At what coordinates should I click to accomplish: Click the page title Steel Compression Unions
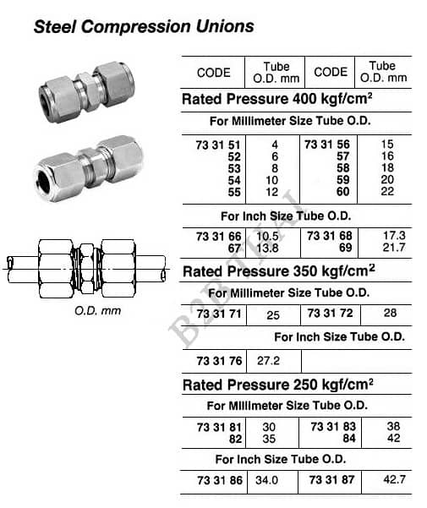pyautogui.click(x=144, y=26)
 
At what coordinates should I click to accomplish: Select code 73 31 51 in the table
pyautogui.click(x=218, y=145)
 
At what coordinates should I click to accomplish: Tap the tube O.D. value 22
pyautogui.click(x=387, y=191)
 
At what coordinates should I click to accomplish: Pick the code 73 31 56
pyautogui.click(x=327, y=145)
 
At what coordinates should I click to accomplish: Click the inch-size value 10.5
pyautogui.click(x=267, y=236)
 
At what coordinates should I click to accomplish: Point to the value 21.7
pyautogui.click(x=394, y=248)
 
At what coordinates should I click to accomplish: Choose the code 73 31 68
pyautogui.click(x=330, y=236)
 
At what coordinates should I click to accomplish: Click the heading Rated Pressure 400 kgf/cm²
pyautogui.click(x=277, y=99)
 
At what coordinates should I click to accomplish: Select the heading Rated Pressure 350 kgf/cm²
pyautogui.click(x=279, y=271)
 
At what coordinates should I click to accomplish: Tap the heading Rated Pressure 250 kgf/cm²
pyautogui.click(x=278, y=385)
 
